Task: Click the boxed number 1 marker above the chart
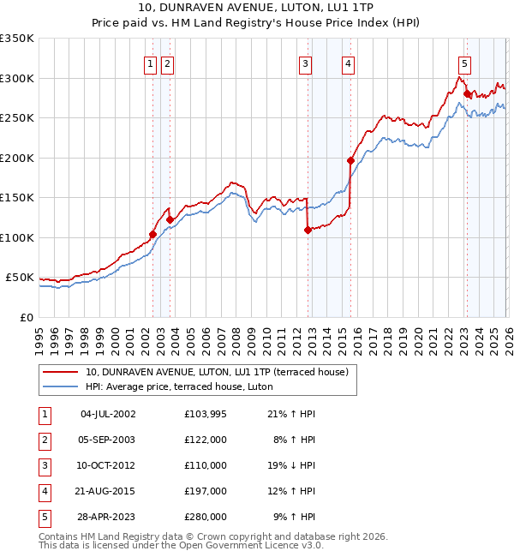tap(151, 63)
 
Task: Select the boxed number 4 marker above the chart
tap(349, 63)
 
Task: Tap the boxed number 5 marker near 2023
tap(464, 63)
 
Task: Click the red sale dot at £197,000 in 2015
tap(350, 160)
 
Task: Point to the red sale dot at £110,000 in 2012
tap(308, 230)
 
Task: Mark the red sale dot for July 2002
tap(152, 234)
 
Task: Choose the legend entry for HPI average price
tap(178, 386)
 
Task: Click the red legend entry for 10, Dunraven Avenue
tap(216, 373)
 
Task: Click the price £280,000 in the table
tap(206, 517)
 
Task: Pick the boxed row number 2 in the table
tap(44, 440)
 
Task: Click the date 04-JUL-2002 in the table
tap(108, 414)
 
